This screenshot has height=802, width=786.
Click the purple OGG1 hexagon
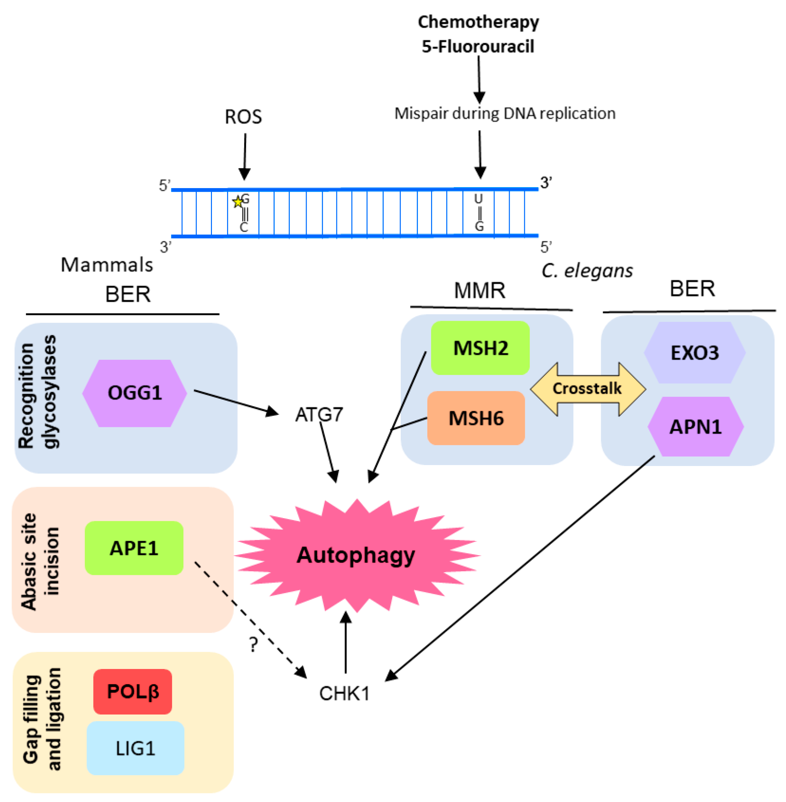point(135,393)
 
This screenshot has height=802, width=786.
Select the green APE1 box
point(134,548)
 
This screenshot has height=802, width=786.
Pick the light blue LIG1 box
point(135,748)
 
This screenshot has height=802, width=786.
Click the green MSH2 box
point(480,348)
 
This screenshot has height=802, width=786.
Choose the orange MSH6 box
point(476,418)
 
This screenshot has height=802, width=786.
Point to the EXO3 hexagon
point(695,352)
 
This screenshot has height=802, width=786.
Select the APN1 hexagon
point(696,427)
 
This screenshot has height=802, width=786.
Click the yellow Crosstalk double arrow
point(587,388)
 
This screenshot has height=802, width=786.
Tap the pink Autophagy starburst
point(356,555)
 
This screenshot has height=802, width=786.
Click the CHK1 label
point(344,693)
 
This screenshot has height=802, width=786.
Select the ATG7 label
point(319,415)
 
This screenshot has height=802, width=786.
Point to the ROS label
point(243,117)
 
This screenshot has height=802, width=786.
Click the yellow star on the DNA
point(237,202)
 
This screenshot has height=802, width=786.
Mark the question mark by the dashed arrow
point(254,644)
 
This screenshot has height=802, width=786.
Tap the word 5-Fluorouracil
point(478,46)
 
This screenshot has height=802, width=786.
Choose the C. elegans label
point(587,271)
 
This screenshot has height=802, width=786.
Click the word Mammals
point(107,265)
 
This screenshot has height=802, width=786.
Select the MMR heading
point(480,290)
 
